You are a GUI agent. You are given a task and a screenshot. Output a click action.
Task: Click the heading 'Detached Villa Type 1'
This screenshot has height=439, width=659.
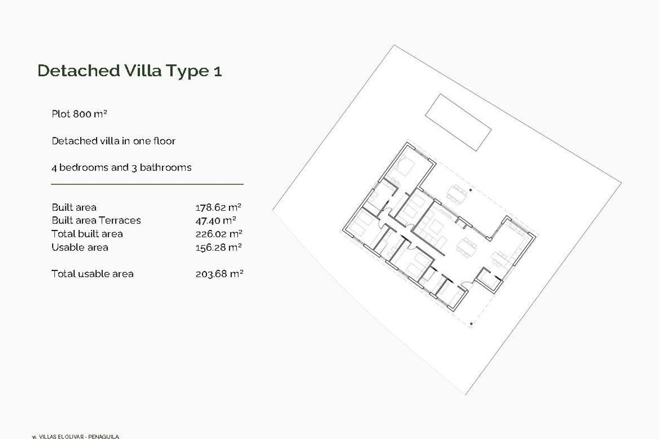(130, 71)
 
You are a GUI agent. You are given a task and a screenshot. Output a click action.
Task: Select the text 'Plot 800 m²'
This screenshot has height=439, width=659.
(79, 114)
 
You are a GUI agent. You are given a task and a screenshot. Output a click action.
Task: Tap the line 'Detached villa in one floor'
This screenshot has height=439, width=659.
(114, 141)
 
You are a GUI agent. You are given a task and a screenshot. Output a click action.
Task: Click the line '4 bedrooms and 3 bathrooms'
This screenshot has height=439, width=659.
(121, 167)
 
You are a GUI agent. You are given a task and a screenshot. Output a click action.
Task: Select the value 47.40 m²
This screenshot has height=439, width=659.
(216, 221)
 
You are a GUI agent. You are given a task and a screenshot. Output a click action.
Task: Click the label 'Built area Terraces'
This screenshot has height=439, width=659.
(96, 221)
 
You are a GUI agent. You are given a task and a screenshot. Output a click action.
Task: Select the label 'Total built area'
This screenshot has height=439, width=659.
(87, 234)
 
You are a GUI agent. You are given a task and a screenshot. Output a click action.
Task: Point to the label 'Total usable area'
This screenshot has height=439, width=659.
(92, 274)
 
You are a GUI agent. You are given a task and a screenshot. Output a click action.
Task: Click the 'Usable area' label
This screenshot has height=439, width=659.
(80, 247)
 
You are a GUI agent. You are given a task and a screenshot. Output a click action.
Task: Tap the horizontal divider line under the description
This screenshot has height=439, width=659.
(147, 184)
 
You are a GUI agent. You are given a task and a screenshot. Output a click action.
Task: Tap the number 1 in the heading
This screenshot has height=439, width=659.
(218, 71)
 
